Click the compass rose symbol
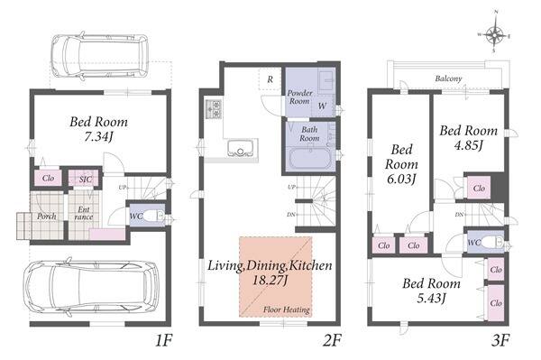(x=495, y=32)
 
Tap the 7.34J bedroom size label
(x=98, y=137)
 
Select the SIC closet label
(x=86, y=180)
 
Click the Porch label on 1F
(x=47, y=217)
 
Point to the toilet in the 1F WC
(x=153, y=216)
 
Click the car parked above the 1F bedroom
(x=100, y=56)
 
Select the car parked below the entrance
(x=91, y=287)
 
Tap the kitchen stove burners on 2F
(x=214, y=109)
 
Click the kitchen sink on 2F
(x=240, y=148)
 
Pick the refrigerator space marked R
(x=270, y=79)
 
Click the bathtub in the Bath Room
(x=310, y=160)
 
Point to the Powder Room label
(x=300, y=97)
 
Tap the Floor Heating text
(x=287, y=309)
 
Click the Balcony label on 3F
(x=448, y=78)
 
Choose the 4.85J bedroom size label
(x=468, y=145)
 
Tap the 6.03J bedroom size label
(x=401, y=180)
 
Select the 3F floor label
(x=500, y=341)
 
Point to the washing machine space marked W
(x=322, y=106)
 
